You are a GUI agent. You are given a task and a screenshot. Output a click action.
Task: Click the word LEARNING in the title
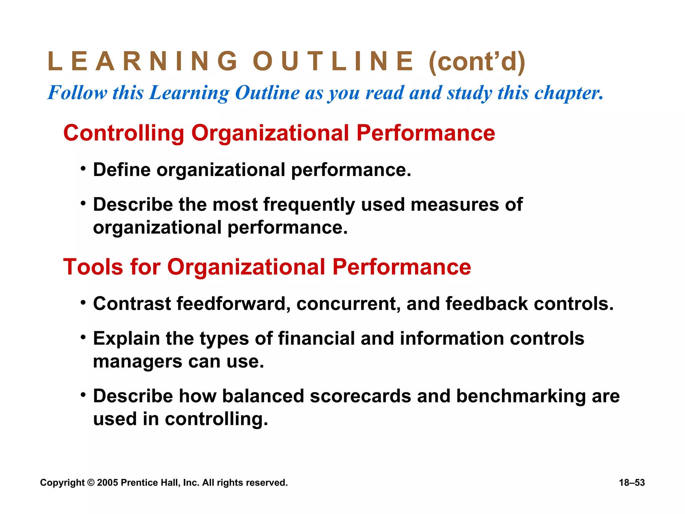143,61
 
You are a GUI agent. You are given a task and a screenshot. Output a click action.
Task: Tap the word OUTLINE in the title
333,61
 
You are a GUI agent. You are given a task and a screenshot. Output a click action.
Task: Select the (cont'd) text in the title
477,62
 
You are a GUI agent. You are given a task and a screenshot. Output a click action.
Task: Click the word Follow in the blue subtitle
77,93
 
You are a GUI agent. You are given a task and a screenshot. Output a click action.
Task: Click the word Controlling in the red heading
124,133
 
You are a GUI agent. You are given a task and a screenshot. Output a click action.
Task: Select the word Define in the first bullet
122,170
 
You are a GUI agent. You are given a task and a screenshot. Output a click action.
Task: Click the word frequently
309,205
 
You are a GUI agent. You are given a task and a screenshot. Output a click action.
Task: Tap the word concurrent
348,304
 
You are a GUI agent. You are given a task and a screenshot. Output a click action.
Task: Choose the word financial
316,338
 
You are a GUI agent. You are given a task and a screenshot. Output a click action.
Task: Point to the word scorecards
360,396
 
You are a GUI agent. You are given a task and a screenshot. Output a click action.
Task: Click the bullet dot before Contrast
83,303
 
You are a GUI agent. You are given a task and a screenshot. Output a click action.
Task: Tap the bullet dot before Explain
83,337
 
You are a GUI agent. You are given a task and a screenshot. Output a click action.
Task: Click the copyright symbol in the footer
91,483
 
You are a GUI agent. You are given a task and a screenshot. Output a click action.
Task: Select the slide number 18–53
632,483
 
